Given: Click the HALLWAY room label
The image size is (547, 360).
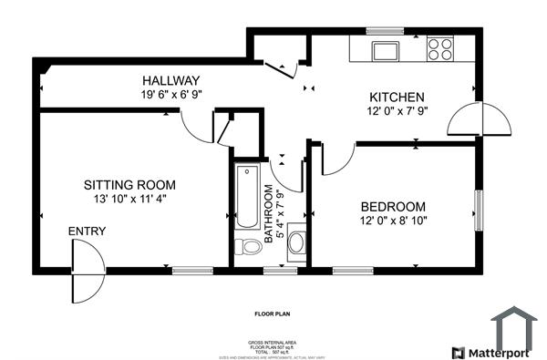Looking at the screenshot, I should click(170, 80).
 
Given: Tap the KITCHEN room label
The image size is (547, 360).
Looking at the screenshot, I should click(396, 98).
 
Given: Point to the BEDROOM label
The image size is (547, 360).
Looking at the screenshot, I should click(393, 206).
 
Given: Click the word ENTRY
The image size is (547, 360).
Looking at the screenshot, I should click(88, 231).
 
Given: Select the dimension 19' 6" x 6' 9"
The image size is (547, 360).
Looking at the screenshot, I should click(170, 94).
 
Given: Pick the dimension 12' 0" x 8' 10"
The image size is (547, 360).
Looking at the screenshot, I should click(393, 220).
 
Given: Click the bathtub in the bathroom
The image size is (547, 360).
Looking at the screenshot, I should click(247, 197).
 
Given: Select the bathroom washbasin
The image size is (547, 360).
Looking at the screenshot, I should click(296, 248).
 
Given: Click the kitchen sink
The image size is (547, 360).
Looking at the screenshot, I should click(384, 48).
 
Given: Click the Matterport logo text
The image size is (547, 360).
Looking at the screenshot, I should click(503, 352).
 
